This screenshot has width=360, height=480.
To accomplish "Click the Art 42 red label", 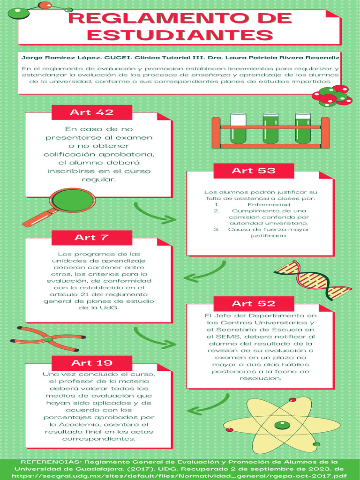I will (x=92, y=112).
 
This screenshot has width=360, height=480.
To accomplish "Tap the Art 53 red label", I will (x=254, y=171).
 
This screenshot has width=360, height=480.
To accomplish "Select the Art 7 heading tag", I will (x=92, y=237).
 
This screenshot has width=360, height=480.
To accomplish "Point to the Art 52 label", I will (x=254, y=303).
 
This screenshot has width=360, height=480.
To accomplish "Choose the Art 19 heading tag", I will (x=92, y=363).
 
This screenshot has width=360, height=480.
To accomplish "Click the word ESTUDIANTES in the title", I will (x=180, y=35).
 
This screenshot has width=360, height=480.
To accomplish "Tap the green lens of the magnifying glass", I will (x=72, y=200).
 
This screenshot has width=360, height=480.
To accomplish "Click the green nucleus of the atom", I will (x=281, y=425).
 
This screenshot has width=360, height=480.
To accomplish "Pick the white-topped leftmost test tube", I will (x=238, y=128).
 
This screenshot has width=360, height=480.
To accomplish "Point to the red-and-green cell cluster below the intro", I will (x=332, y=96).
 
